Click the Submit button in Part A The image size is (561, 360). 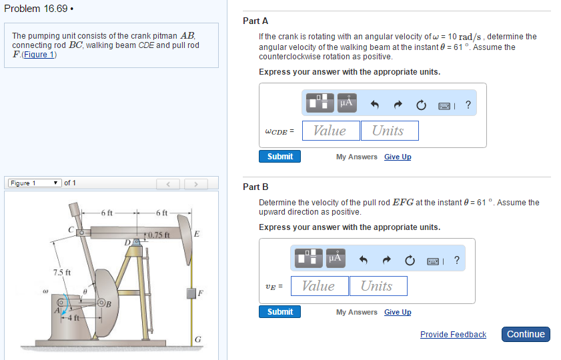[279, 156]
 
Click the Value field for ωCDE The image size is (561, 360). [330, 131]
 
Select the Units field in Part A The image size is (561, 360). [390, 131]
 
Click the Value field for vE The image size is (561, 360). [319, 286]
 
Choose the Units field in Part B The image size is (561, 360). [378, 286]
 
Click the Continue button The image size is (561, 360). [526, 334]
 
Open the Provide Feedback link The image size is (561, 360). [453, 335]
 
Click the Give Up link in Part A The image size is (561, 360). [398, 157]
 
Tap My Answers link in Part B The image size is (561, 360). [356, 312]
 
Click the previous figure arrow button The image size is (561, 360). [169, 183]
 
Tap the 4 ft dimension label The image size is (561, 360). [74, 317]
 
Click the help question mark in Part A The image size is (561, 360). [468, 104]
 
